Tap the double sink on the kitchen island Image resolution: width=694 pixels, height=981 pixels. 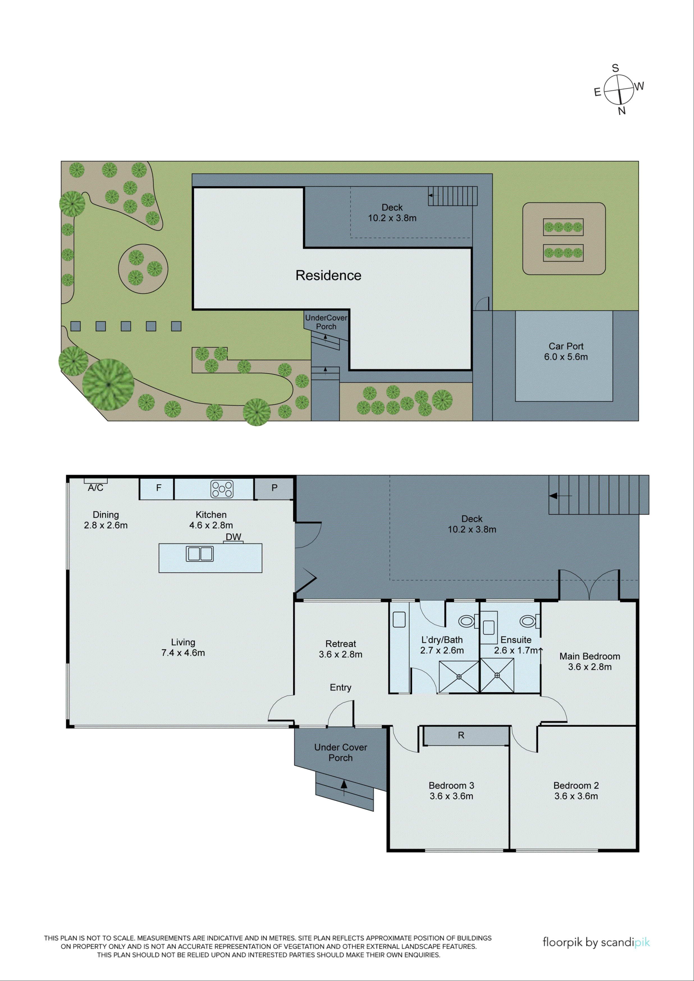point(200,554)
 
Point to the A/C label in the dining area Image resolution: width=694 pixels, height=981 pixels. point(95,488)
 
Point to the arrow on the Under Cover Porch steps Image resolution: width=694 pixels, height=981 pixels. point(344,784)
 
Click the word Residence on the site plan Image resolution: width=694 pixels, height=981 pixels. point(328,275)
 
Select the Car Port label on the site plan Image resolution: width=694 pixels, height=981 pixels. point(566,346)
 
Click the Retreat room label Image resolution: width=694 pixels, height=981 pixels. point(341,644)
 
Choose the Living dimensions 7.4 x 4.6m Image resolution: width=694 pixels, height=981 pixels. point(183,653)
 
